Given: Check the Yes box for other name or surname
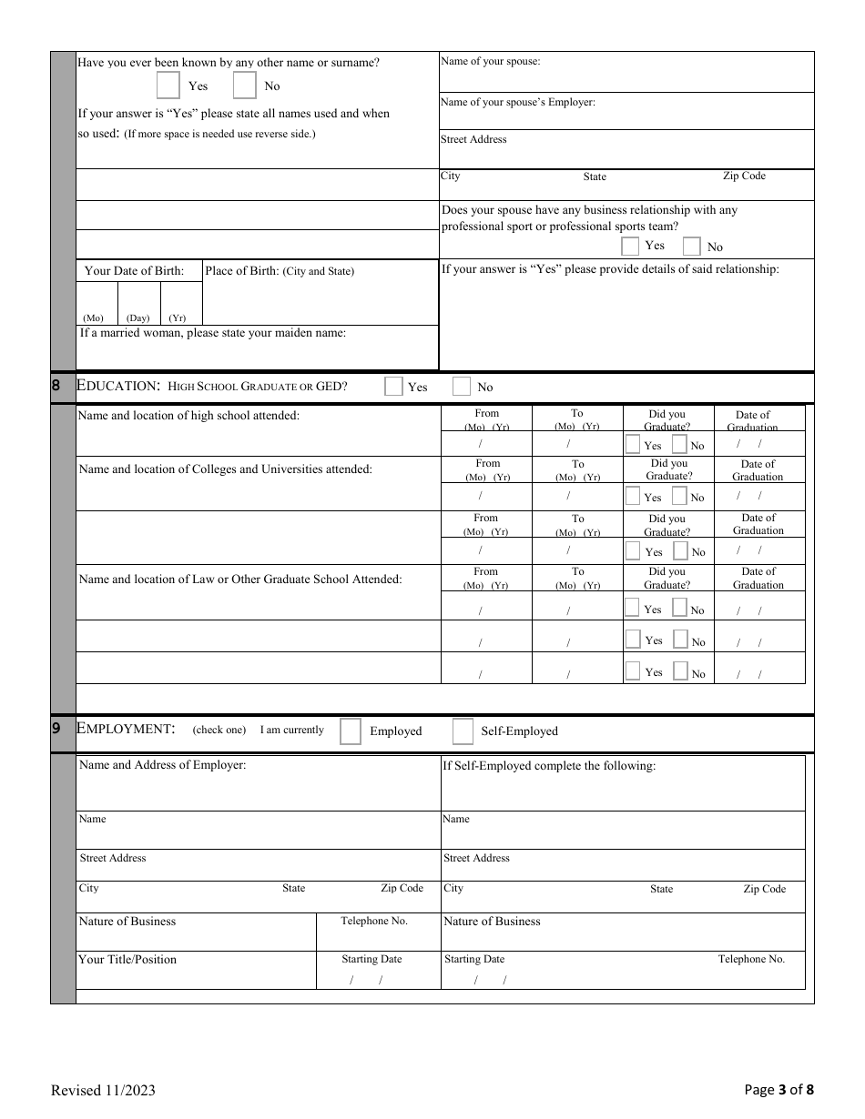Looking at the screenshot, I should (x=168, y=86).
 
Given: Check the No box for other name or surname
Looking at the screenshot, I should (x=244, y=86).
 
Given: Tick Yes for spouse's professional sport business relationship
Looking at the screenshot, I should (x=630, y=246).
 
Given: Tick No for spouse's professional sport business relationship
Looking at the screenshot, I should (x=692, y=247).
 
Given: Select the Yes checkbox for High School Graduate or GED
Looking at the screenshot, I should (x=393, y=387).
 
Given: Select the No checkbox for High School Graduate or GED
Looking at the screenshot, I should (x=462, y=387).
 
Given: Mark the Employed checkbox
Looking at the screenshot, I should (x=351, y=731).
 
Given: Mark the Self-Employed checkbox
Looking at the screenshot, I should (x=463, y=731).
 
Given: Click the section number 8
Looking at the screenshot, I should (x=56, y=386).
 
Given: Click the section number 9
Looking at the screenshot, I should (x=56, y=729).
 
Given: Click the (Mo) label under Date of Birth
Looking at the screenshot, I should (x=93, y=318).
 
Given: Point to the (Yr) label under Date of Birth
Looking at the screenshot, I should (x=178, y=318).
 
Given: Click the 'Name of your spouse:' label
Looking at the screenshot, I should (x=490, y=62).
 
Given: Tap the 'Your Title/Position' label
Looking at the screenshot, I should (x=127, y=960).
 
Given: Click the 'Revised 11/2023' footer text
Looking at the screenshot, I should (x=97, y=1090).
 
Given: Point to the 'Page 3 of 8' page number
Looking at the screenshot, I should (x=778, y=1090).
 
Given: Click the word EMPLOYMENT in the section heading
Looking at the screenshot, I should (x=126, y=729).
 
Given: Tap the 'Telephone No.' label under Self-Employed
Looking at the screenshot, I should (x=751, y=959).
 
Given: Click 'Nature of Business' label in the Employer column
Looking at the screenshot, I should (x=127, y=922).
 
